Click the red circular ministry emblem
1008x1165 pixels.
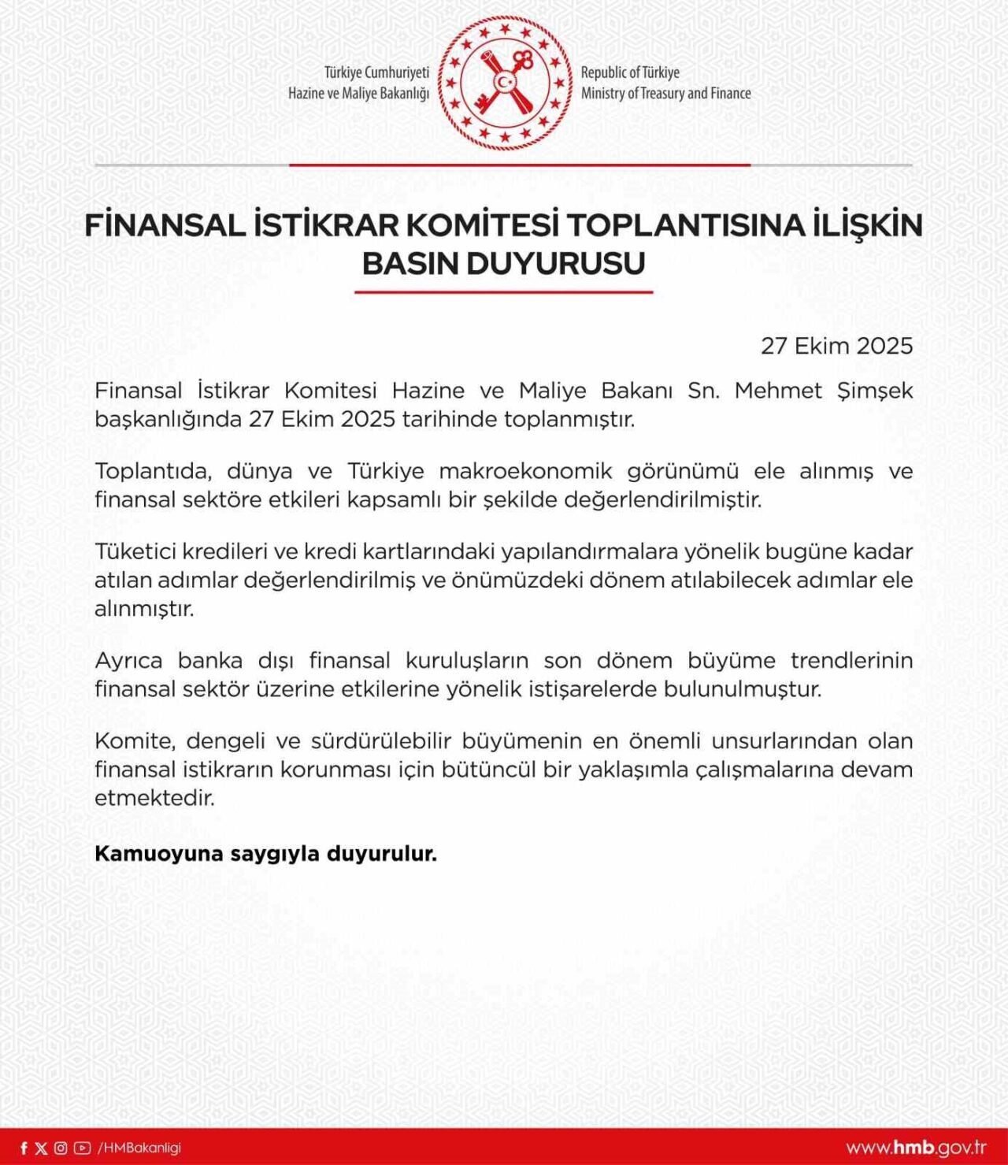(505, 83)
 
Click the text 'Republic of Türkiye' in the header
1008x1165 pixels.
(630, 72)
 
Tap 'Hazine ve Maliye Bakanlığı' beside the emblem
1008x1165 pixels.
(358, 93)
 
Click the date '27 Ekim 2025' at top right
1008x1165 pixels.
(836, 346)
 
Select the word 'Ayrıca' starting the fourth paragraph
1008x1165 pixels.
(128, 660)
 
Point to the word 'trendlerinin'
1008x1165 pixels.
(851, 660)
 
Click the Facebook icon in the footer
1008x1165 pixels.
(24, 1148)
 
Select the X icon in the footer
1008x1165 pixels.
(41, 1148)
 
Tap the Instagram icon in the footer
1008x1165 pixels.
(61, 1148)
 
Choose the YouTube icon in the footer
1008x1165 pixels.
(82, 1148)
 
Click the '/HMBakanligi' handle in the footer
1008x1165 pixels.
(139, 1148)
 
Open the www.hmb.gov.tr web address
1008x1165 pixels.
(916, 1147)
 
